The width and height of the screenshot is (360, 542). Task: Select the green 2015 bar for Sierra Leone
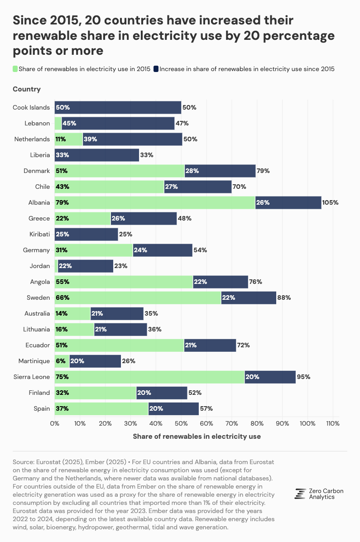click(x=149, y=377)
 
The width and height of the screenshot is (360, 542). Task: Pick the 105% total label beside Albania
click(x=331, y=202)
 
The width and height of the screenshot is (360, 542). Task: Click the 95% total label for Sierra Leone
click(x=303, y=377)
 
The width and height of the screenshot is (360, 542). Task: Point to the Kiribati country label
click(x=38, y=234)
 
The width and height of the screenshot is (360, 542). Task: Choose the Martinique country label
click(x=34, y=361)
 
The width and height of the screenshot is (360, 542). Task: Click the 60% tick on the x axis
click(x=206, y=423)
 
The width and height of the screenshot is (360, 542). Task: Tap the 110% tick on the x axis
click(x=333, y=423)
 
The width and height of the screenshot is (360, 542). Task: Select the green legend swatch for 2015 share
click(x=15, y=69)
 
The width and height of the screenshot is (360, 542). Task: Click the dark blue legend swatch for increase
click(x=156, y=69)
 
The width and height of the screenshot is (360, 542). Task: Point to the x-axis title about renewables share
click(x=197, y=436)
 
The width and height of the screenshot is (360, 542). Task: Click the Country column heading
click(x=27, y=89)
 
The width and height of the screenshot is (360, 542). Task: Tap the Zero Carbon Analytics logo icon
click(x=300, y=494)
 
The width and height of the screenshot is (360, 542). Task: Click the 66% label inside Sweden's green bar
click(x=62, y=297)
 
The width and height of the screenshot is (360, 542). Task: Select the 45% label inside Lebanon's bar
click(x=69, y=124)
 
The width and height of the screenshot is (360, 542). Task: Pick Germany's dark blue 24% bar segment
click(x=163, y=250)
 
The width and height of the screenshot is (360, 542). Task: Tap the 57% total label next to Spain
click(x=206, y=408)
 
